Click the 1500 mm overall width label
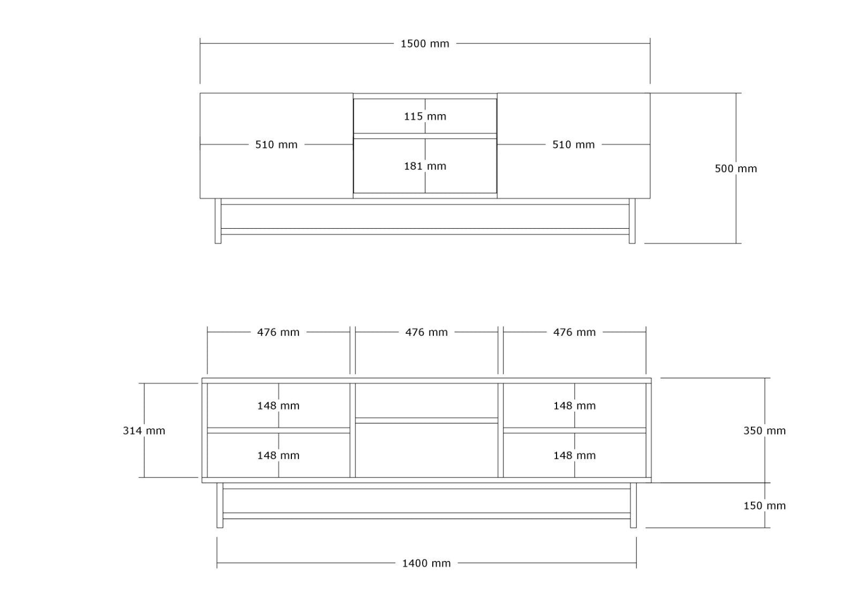tap(425, 43)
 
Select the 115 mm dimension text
tap(425, 116)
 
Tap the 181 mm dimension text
tap(425, 166)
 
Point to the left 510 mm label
tap(276, 144)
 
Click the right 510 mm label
tap(574, 144)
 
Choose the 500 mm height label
tap(736, 168)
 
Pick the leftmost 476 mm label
tap(278, 332)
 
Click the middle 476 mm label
tap(426, 332)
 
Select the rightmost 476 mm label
tap(574, 332)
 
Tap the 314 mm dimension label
tap(144, 431)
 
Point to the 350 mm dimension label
tap(764, 431)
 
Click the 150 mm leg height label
tap(764, 506)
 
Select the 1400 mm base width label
tap(426, 563)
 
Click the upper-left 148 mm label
tap(278, 406)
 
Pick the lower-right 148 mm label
tap(574, 455)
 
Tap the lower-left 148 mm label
tap(278, 455)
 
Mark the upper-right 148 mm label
tap(574, 406)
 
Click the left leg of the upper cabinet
tap(218, 221)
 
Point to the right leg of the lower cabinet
tap(634, 505)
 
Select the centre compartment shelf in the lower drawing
tap(426, 420)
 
